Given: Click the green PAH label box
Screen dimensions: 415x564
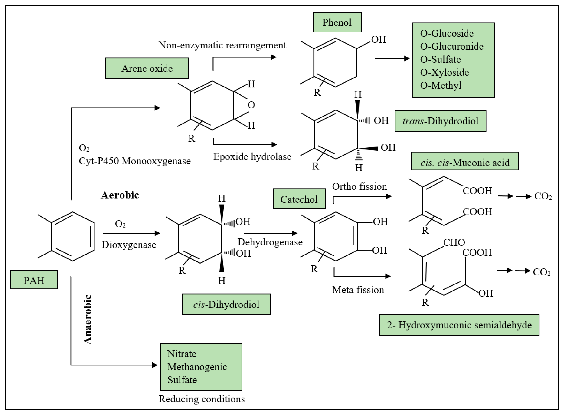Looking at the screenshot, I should (x=34, y=280).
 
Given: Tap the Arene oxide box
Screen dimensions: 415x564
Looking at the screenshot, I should (x=147, y=68).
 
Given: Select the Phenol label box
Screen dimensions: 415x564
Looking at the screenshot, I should (x=337, y=22).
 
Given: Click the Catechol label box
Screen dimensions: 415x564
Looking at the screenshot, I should (x=299, y=199).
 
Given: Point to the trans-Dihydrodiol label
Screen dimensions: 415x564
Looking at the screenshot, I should (x=440, y=121).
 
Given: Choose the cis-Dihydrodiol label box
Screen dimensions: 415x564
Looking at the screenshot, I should (x=226, y=305).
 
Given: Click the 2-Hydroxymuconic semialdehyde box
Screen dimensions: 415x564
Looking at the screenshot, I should (x=459, y=325).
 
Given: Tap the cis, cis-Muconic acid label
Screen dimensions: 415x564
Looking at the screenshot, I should (x=465, y=163).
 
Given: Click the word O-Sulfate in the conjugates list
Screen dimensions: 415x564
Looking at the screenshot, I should (x=441, y=60).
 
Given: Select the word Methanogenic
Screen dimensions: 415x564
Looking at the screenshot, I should (x=197, y=367).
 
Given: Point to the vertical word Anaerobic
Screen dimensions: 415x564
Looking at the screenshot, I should (x=88, y=320).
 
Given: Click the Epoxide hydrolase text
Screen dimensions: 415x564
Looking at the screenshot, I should (x=252, y=156).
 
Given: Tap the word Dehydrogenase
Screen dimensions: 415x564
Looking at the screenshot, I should (x=270, y=242).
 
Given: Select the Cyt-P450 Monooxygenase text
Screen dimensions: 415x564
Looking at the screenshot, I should (x=135, y=161).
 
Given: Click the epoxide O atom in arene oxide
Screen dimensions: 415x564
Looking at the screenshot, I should (x=251, y=105).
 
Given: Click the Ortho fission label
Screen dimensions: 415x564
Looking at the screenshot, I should (x=359, y=186).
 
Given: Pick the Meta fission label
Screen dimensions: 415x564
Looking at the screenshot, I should (x=358, y=290).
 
